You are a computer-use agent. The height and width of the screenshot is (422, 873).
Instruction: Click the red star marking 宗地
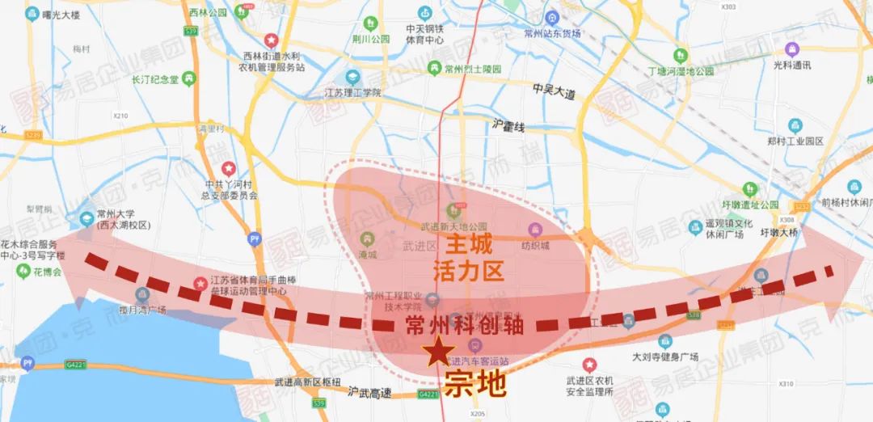pyautogui.click(x=438, y=352)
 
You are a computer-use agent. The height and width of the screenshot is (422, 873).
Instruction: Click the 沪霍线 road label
pyautogui.click(x=508, y=126)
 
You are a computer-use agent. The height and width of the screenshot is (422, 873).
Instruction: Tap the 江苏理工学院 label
pyautogui.click(x=352, y=93)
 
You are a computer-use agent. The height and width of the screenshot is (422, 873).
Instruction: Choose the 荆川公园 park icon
pyautogui.click(x=370, y=23)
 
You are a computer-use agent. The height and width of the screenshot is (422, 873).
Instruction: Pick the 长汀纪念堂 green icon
pyautogui.click(x=188, y=78)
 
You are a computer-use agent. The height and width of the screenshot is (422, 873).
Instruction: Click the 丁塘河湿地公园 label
pyautogui.click(x=681, y=71)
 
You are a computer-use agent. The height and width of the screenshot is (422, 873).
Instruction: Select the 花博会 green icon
pyautogui.click(x=22, y=272)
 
